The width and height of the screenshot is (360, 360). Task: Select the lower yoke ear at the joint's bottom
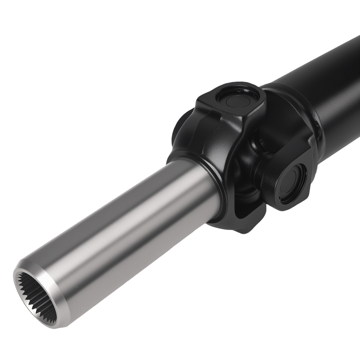245,223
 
